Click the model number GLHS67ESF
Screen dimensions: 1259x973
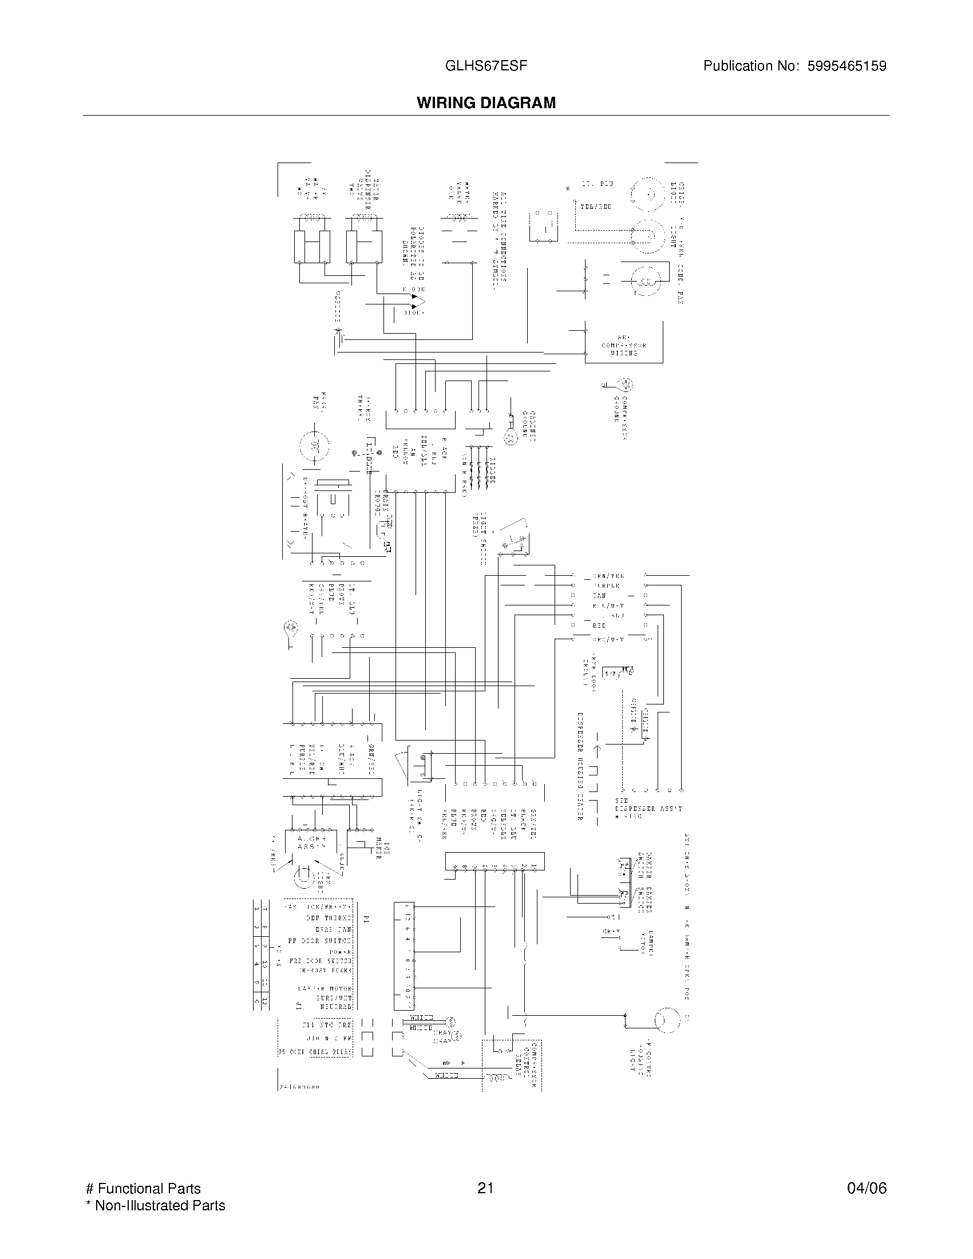pyautogui.click(x=486, y=66)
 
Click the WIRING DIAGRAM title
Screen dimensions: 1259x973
pyautogui.click(x=486, y=102)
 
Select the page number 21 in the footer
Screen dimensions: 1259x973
pyautogui.click(x=485, y=1188)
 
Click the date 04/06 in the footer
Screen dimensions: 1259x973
pyautogui.click(x=867, y=1188)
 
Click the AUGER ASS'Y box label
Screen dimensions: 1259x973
pyautogui.click(x=311, y=842)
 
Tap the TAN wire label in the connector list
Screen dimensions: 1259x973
pyautogui.click(x=599, y=596)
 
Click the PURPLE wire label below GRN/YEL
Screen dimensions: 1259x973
pyautogui.click(x=606, y=585)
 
